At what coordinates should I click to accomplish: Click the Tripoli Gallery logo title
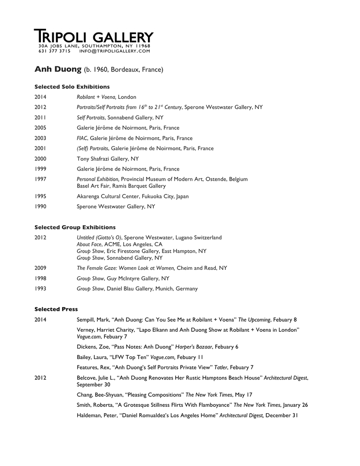(x=94, y=36)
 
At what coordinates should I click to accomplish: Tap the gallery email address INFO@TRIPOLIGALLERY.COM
(x=114, y=51)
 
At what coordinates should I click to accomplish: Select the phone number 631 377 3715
(x=55, y=51)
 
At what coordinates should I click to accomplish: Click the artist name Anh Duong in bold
(x=58, y=70)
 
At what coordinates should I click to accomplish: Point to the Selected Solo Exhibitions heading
(x=72, y=86)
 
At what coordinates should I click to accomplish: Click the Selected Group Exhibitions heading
(x=75, y=227)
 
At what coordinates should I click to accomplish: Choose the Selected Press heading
(x=56, y=309)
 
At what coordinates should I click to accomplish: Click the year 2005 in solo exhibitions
(x=41, y=128)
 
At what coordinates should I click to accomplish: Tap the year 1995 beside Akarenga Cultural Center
(x=41, y=196)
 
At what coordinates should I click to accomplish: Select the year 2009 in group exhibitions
(x=41, y=268)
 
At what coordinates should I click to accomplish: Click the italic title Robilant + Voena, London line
(x=106, y=97)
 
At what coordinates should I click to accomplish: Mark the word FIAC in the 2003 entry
(x=82, y=138)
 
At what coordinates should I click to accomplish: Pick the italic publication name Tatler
(x=219, y=367)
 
